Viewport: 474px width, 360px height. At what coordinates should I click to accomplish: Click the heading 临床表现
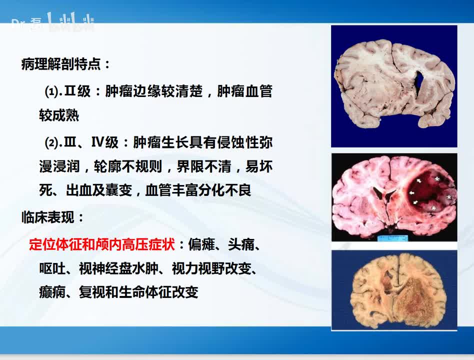pos(53,218)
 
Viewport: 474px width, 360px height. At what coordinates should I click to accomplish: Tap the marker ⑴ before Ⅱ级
pos(51,92)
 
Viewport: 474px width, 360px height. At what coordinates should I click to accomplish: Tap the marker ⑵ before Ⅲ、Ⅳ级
pos(51,143)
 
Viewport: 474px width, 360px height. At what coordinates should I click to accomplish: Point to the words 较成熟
pos(59,116)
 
